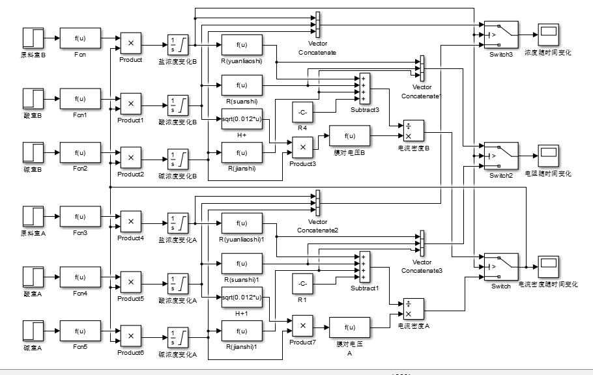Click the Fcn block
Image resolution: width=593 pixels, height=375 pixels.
tap(80, 39)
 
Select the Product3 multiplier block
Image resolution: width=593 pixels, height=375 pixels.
tap(302, 148)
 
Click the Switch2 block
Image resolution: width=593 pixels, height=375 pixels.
tap(500, 155)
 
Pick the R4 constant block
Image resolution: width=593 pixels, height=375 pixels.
tap(302, 113)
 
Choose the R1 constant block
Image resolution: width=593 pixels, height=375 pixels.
tap(302, 284)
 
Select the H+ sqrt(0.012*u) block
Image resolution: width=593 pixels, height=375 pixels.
tap(241, 119)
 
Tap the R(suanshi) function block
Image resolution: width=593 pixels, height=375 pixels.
tap(241, 85)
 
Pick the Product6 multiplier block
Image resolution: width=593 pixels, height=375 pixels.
tap(130, 336)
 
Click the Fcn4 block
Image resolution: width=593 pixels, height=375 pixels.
tap(80, 276)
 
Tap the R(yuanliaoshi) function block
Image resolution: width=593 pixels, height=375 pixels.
tap(241, 45)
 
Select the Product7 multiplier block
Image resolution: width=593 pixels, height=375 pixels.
tap(302, 324)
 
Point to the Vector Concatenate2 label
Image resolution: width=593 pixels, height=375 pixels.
tap(317, 226)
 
